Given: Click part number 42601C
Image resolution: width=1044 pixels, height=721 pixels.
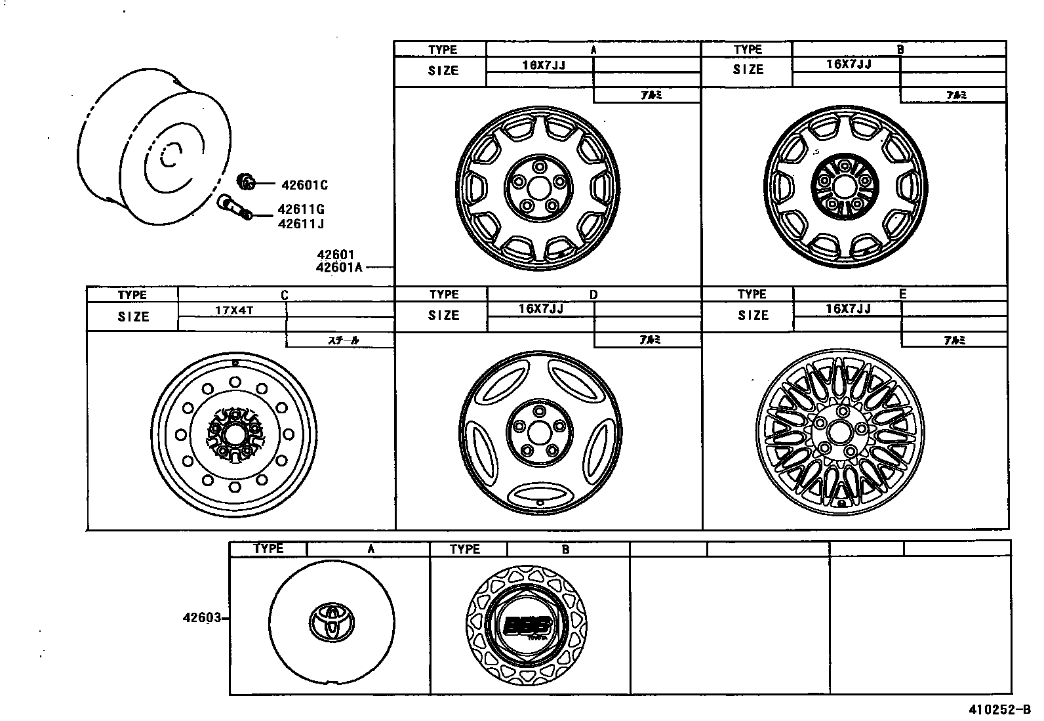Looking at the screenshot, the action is coord(304,186).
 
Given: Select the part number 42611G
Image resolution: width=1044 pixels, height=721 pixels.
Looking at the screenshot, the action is coord(301,210).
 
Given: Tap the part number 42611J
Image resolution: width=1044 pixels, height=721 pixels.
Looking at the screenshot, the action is coord(301,224).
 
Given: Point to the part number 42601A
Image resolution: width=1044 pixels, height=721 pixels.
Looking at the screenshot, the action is coord(339,267).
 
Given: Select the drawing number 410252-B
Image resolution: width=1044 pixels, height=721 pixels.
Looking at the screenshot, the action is coord(1000,710).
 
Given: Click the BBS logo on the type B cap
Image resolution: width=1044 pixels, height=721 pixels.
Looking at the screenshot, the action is coord(527,625).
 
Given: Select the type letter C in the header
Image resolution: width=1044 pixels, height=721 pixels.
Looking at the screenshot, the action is coord(285,296).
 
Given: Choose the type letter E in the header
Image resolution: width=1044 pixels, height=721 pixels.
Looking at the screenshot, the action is coord(902,295).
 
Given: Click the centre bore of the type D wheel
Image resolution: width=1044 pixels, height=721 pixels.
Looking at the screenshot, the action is coord(540,431).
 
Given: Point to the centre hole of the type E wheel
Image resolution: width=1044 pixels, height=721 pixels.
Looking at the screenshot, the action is coord(838,433).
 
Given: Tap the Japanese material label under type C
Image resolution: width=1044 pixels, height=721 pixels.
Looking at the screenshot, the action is coord(343,340).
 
